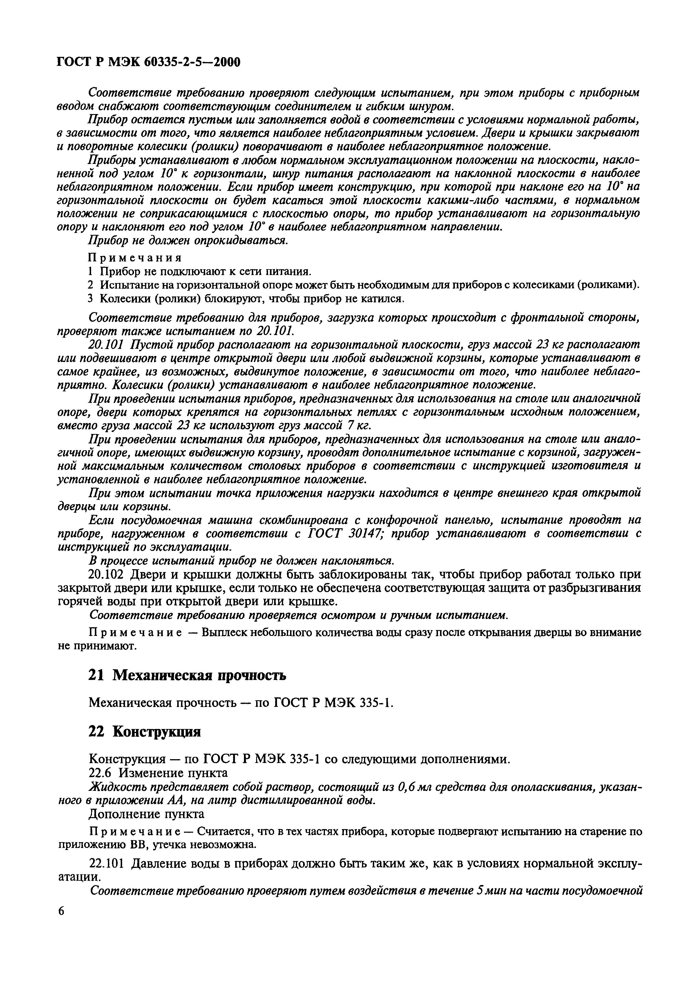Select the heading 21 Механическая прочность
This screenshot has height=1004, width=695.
click(187, 675)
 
